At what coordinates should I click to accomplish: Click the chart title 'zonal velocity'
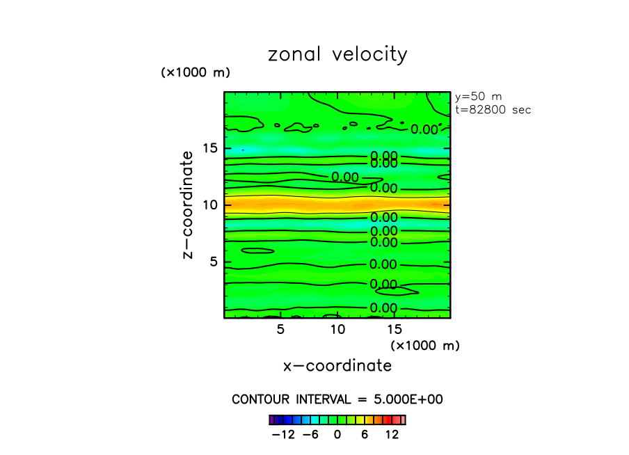(337, 55)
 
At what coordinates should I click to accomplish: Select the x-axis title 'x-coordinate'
(337, 365)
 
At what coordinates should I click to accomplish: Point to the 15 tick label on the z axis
(209, 148)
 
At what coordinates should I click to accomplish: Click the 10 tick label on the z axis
(209, 205)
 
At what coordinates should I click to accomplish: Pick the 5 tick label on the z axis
(214, 262)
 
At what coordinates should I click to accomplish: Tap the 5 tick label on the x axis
(280, 329)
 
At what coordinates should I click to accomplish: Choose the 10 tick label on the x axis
(337, 329)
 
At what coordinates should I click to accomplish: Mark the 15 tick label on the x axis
(394, 329)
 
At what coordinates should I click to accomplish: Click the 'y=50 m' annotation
(478, 97)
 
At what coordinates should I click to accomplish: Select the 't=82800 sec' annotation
(493, 109)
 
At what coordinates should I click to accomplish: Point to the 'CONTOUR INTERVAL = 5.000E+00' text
(337, 399)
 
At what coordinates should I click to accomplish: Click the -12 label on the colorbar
(283, 435)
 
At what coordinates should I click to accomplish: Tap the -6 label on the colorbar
(310, 435)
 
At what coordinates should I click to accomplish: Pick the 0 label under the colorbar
(337, 435)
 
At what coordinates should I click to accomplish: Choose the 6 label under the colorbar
(365, 435)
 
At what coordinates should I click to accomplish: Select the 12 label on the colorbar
(392, 435)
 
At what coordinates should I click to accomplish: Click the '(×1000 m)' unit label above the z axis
(196, 72)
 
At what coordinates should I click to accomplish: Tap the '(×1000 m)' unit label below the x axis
(425, 345)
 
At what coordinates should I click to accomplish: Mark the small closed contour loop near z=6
(257, 250)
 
